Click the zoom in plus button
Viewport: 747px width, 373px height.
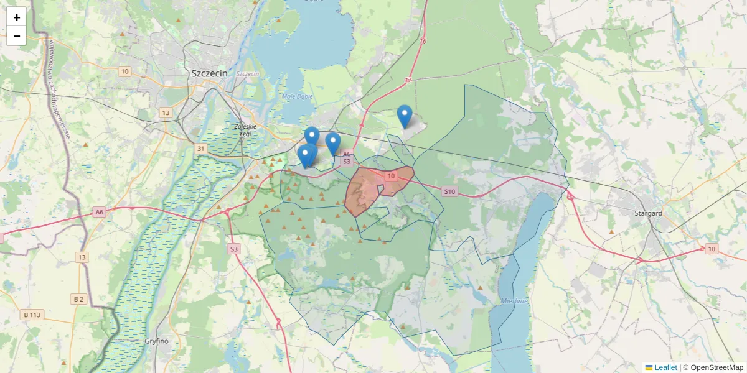coord(17,17)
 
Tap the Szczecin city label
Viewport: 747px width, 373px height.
coord(210,73)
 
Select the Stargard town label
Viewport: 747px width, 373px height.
coord(647,213)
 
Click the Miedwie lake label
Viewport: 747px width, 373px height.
coord(515,301)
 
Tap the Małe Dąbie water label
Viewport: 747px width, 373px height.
coord(296,96)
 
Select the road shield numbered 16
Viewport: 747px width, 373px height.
coord(423,41)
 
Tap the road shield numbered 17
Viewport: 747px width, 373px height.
coord(408,80)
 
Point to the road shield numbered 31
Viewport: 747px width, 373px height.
coord(200,149)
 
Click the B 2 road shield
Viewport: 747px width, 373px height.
coord(78,299)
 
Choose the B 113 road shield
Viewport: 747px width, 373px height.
coord(32,315)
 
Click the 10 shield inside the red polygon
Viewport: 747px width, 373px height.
coord(391,177)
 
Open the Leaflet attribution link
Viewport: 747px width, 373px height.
coord(665,367)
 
